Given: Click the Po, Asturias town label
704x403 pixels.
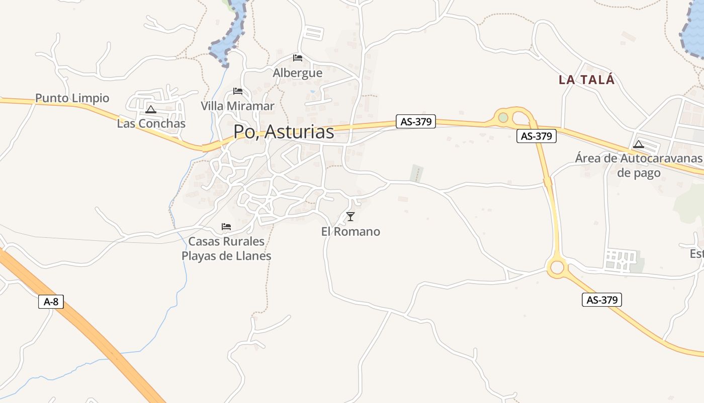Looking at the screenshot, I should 284,131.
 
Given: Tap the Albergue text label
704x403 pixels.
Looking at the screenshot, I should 297,73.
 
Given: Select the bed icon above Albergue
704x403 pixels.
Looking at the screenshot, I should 298,58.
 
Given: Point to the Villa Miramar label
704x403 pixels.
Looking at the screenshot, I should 237,106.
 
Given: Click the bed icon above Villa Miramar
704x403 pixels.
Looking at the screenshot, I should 238,91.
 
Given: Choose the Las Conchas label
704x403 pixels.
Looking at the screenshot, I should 151,123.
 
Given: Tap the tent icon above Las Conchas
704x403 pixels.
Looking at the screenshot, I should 150,109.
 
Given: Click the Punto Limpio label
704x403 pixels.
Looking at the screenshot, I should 72,98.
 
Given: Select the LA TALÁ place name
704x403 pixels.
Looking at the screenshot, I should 587,80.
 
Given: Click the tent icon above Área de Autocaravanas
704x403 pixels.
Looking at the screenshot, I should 639,144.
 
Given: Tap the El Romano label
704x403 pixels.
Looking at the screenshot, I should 350,232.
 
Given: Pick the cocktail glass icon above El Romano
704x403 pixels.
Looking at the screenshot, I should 350,217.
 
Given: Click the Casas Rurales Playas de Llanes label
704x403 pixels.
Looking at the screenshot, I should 226,248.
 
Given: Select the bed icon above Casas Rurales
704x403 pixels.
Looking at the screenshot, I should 226,227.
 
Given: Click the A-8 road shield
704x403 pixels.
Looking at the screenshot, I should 51,302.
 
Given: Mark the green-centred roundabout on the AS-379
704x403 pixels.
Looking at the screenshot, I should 503,117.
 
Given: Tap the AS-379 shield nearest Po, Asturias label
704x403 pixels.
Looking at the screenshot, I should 415,121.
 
